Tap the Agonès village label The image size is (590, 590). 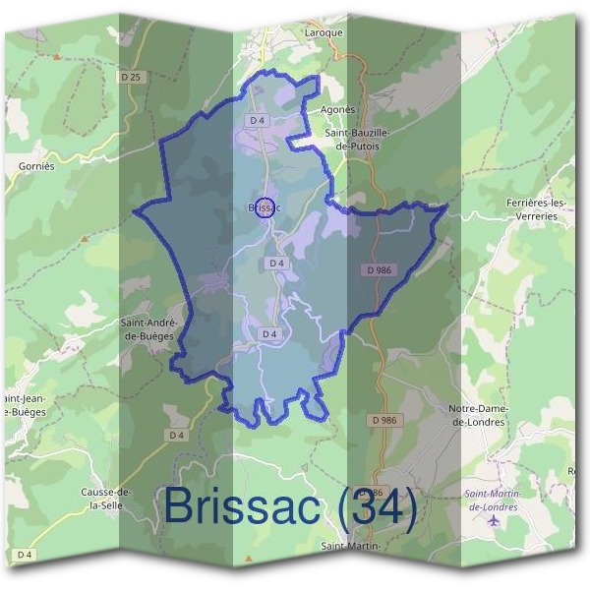point(337,109)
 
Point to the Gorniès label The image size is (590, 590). point(36,166)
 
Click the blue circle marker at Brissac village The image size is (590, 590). point(263,206)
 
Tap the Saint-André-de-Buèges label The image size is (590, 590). point(147,328)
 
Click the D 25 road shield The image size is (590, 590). point(131,76)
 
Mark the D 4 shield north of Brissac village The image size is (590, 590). point(258,120)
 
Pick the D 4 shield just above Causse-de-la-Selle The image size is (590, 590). point(177,435)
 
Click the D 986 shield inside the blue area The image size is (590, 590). point(379,268)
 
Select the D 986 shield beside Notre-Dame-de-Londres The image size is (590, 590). point(386,420)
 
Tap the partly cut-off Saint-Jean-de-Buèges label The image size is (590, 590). point(22,404)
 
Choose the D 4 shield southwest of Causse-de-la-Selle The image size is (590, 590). point(24,555)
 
